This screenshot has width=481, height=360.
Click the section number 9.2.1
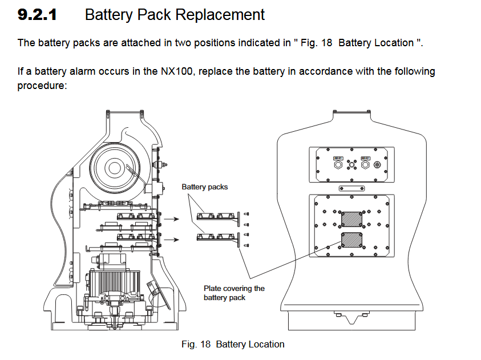pos(37,15)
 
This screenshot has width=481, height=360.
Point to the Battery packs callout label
pos(204,187)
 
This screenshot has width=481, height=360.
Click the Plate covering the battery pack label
pos(234,293)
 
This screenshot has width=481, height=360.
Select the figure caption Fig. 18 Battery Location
pos(233,344)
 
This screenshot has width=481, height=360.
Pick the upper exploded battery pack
pos(215,217)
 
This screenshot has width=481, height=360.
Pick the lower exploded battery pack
pos(215,236)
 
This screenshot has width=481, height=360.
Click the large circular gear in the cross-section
pos(114,168)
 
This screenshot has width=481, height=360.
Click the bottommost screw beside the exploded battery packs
pos(246,245)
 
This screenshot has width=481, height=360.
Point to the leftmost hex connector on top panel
pos(337,164)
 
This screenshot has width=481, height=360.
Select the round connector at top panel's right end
pos(376,164)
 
